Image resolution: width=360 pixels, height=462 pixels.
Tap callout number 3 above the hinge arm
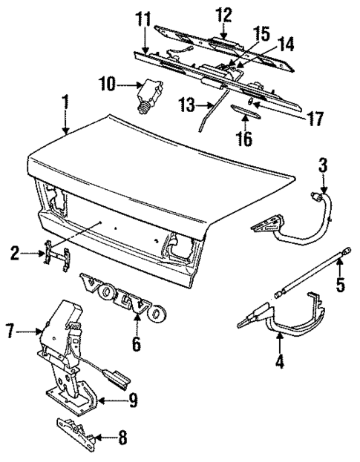tap(323, 165)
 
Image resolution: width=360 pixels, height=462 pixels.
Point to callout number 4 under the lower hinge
tap(280, 364)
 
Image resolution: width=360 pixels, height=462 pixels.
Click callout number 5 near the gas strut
tap(341, 285)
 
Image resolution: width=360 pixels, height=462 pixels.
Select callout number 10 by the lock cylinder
tap(107, 85)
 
